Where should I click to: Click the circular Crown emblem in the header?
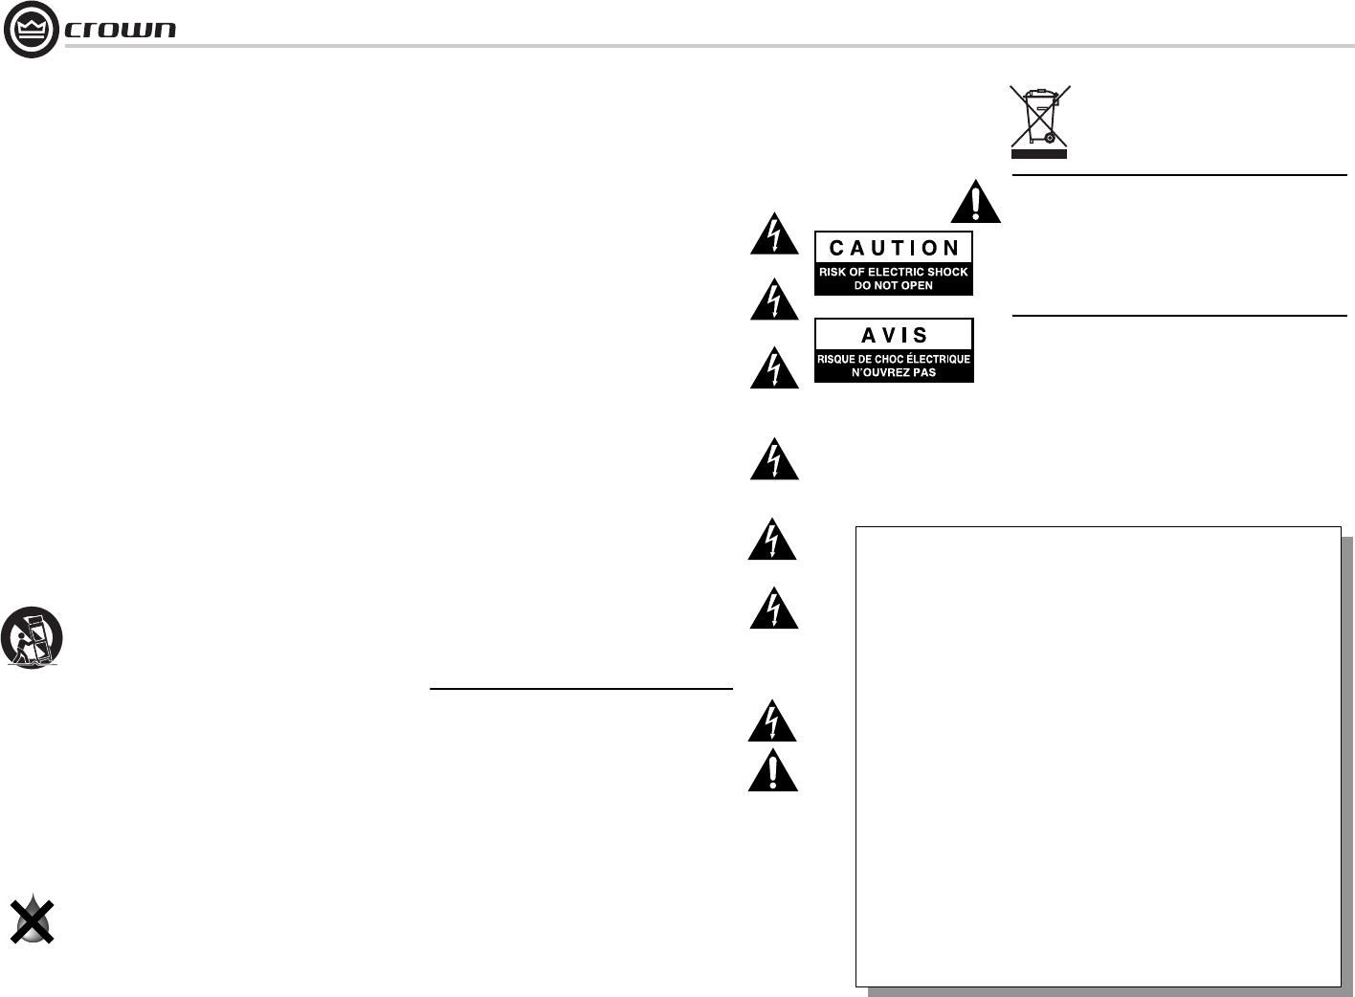31,30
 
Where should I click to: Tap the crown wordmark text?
121,30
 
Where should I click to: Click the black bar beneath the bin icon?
1039,153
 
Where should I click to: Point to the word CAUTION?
894,248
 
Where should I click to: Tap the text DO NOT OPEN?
893,285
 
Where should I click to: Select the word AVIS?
894,335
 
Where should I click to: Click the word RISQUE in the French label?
838,359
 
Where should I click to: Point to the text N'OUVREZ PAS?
893,372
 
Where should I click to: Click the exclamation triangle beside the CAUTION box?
976,202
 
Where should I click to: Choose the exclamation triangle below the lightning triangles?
772,771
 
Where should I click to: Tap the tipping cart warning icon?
32,637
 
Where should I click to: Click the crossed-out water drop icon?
32,920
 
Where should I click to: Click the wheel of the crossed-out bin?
1050,138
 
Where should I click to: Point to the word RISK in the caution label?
833,272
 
